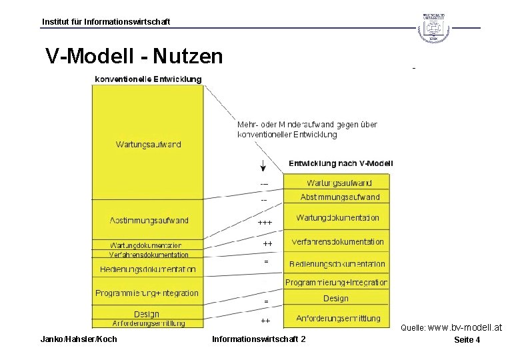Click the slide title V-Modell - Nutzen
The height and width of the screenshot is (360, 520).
click(x=134, y=57)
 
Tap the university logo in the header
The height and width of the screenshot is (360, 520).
click(x=433, y=27)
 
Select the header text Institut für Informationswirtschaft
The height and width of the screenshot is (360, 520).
click(x=106, y=22)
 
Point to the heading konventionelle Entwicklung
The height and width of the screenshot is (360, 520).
click(x=148, y=79)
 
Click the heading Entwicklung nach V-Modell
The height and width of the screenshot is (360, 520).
click(x=341, y=163)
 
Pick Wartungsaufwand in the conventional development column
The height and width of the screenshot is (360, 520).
click(x=148, y=144)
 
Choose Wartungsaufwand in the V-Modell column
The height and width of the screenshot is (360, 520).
click(x=339, y=183)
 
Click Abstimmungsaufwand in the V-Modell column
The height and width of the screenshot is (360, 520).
click(x=339, y=197)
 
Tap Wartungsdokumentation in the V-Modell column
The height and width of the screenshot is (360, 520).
click(x=337, y=218)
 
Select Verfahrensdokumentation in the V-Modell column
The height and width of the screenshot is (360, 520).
click(x=337, y=242)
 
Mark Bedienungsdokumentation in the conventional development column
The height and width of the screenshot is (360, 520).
click(x=148, y=269)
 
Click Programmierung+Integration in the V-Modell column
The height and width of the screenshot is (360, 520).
click(x=336, y=283)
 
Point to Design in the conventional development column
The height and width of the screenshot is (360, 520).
click(x=147, y=314)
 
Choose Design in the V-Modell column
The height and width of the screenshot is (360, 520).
click(x=336, y=299)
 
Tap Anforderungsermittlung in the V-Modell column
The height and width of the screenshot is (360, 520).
click(x=338, y=319)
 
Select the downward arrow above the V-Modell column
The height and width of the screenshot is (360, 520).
click(x=264, y=165)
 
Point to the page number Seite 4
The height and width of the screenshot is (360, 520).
click(x=467, y=340)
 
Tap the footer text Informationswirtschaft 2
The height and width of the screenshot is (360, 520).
click(x=259, y=339)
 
